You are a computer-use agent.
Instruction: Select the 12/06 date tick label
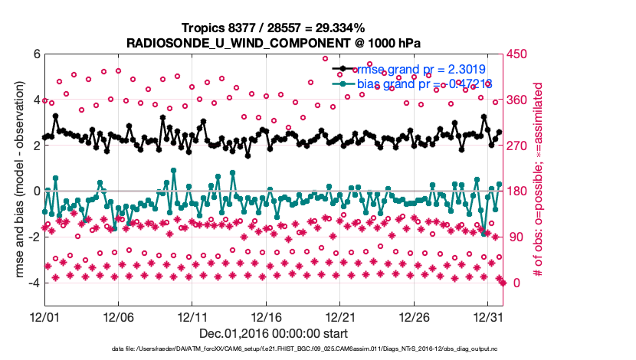[x=119, y=316]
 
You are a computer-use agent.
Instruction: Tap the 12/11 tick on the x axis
[x=193, y=316]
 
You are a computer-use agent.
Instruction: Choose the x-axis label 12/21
[x=340, y=316]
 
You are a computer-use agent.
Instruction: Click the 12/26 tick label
[x=415, y=316]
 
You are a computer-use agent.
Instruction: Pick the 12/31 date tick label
[x=488, y=316]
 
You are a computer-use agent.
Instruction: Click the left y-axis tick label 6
[x=35, y=54]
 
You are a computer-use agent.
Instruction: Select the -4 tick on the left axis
[x=32, y=283]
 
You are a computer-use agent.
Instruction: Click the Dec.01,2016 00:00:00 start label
[x=274, y=333]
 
